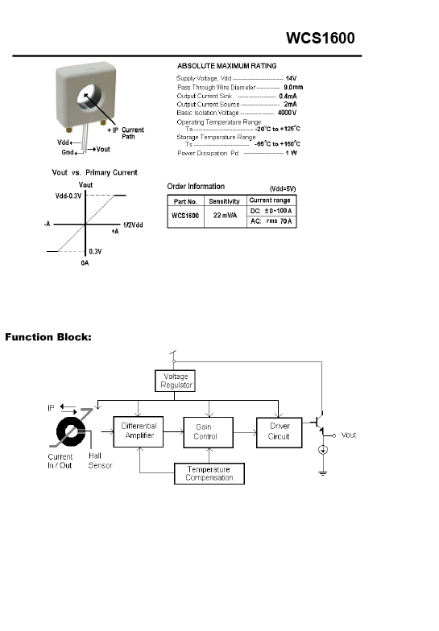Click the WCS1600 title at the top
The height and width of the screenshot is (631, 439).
coord(321,39)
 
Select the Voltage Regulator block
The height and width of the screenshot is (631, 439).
coord(176,381)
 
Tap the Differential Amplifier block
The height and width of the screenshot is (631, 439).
coord(139,431)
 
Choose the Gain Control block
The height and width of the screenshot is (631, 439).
coord(208,432)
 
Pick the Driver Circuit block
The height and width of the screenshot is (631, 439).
coord(279,433)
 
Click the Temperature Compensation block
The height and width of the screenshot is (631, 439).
coord(209,473)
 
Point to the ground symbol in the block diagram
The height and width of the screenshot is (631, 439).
coord(322,473)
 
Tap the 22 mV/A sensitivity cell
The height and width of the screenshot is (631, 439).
coord(226,216)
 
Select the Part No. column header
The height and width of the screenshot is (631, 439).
coord(185,201)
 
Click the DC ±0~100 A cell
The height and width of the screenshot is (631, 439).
coord(271,211)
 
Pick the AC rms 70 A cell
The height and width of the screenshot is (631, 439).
coord(271,221)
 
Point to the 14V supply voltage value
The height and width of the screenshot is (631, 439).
coord(291,79)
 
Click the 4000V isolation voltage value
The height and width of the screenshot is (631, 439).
coord(287,113)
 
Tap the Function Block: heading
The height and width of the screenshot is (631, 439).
coord(48,337)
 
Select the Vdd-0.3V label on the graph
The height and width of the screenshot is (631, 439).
coord(68,196)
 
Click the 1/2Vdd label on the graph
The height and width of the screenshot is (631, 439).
coord(133,225)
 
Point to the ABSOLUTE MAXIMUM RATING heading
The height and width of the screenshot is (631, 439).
coord(227,66)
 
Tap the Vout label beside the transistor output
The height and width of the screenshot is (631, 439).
coord(348,435)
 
